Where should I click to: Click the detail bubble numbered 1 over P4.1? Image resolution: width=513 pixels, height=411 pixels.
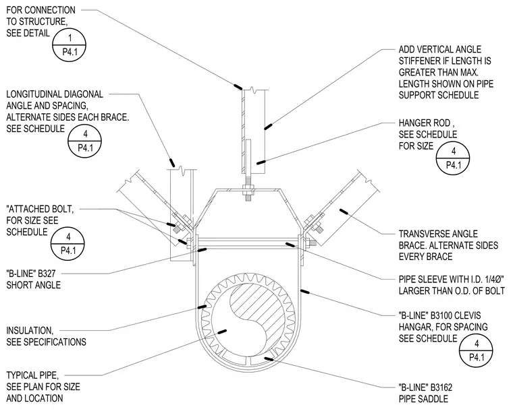69,44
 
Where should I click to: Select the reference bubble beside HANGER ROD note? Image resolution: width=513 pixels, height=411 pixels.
453,158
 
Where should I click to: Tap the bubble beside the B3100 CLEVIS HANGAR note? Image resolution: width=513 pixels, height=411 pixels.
477,350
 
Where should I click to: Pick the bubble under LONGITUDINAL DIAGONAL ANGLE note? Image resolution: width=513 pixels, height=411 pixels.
85,141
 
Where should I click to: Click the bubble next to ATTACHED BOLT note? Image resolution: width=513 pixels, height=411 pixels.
68,243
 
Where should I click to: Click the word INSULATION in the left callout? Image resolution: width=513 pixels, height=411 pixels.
30,330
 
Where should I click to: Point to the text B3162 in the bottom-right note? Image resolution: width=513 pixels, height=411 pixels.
441,387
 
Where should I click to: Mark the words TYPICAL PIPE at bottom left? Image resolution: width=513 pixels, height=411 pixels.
32,375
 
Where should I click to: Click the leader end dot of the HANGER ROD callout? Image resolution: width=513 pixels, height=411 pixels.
261,162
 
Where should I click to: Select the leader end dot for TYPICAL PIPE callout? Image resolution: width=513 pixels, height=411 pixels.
222,331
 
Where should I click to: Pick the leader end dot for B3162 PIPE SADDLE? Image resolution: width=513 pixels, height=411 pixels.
269,359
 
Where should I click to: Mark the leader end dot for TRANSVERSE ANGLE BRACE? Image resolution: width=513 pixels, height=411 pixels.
343,212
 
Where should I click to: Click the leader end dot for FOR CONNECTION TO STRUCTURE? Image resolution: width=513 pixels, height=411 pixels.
238,86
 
